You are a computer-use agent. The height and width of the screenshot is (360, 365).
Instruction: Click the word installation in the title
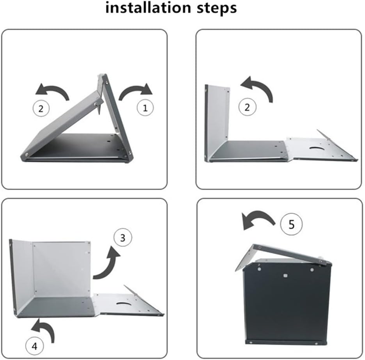pos(148,7)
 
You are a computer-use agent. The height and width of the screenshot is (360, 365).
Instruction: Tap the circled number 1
pos(145,108)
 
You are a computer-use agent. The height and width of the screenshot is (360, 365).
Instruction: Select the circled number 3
pos(123,237)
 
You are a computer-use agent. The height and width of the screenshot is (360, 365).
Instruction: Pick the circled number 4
pos(34,346)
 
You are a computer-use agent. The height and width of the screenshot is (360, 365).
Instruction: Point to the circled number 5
pos(292,224)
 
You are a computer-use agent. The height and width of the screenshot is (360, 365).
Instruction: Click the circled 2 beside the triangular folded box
pos(41,109)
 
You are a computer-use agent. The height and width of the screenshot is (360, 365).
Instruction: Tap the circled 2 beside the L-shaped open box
pos(247,107)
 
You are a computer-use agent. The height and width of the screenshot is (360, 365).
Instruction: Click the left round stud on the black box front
pos(259,269)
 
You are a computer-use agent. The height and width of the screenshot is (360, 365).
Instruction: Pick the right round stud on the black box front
pos(312,270)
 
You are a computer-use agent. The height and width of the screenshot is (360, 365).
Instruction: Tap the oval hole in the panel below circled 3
pos(124,303)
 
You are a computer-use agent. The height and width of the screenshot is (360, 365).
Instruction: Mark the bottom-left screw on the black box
pos(251,342)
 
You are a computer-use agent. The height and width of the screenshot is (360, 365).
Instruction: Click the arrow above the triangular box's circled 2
pos(52,91)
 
